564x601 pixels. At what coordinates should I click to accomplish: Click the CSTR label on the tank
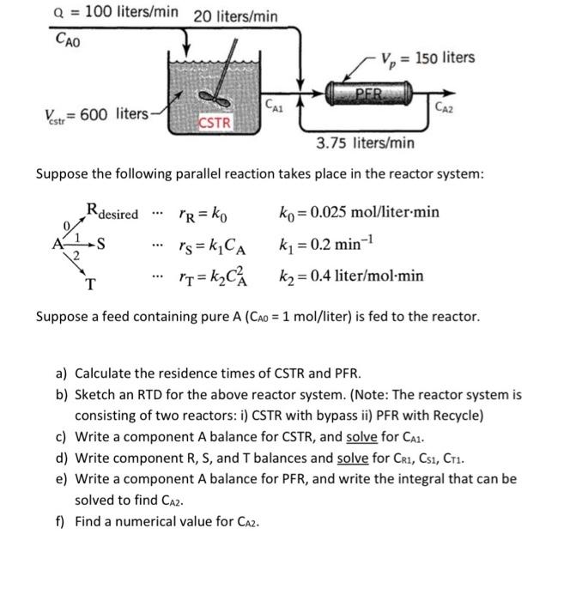pos(215,122)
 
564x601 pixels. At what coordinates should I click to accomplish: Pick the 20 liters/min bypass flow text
pos(235,15)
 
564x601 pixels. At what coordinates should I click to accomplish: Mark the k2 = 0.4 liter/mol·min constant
pos(351,276)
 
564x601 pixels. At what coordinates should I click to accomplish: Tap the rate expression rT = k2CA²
pos(207,276)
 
